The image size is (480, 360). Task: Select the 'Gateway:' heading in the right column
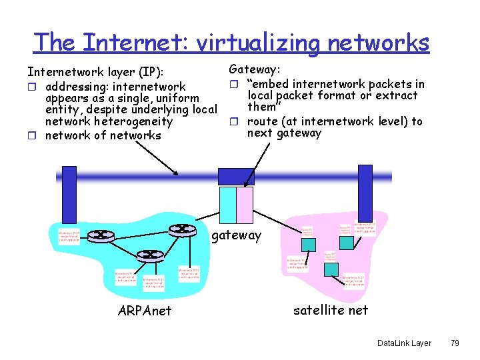(x=255, y=69)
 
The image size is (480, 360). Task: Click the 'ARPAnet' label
(x=144, y=311)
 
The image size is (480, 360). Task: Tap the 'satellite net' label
(x=331, y=309)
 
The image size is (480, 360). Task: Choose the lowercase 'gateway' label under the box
(x=237, y=235)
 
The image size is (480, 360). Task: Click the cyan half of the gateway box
(x=228, y=204)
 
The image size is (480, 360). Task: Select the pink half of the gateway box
(x=245, y=204)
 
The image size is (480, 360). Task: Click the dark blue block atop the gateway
(x=236, y=177)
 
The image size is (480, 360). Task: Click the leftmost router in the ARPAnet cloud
(x=102, y=235)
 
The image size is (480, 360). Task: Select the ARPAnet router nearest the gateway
(x=181, y=229)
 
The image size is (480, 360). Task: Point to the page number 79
(x=455, y=343)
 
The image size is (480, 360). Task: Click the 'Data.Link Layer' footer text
(x=404, y=343)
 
